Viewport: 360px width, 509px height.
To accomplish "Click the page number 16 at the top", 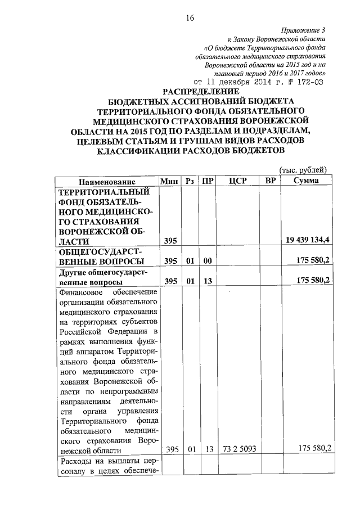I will click(190, 19).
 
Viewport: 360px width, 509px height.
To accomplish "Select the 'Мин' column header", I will click(170, 181).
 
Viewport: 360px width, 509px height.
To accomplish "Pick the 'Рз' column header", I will click(191, 181).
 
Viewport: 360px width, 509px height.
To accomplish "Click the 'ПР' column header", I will click(208, 181).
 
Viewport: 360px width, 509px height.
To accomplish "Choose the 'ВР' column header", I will click(271, 181).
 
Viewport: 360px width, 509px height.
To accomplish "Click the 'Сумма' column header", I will click(307, 181).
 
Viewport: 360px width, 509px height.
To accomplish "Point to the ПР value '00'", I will click(208, 261).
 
